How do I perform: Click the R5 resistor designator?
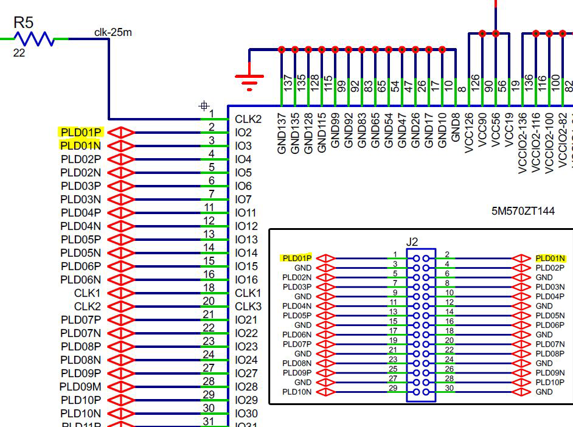(x=23, y=23)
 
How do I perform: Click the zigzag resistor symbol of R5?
(x=34, y=39)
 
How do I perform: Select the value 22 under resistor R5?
(x=19, y=54)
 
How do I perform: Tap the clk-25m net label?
(x=113, y=32)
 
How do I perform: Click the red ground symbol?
(x=249, y=79)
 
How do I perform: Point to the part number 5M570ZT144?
(x=523, y=212)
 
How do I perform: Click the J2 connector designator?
(x=412, y=241)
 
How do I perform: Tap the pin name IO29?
(x=246, y=400)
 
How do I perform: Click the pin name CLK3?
(x=248, y=306)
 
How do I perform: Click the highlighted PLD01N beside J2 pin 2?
(x=550, y=259)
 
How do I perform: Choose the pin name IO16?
(x=246, y=279)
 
